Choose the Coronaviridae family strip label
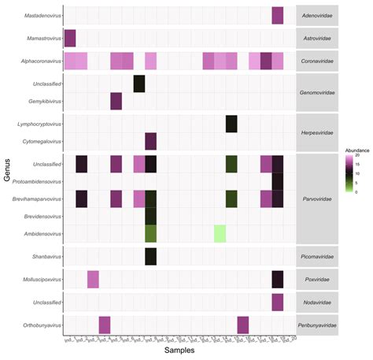317,61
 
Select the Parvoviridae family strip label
317,199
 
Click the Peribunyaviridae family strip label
317,325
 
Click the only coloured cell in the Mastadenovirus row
278,14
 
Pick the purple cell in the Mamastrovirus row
70,38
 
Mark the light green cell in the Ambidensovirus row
220,233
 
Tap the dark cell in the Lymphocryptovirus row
231,124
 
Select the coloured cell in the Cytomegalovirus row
151,142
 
